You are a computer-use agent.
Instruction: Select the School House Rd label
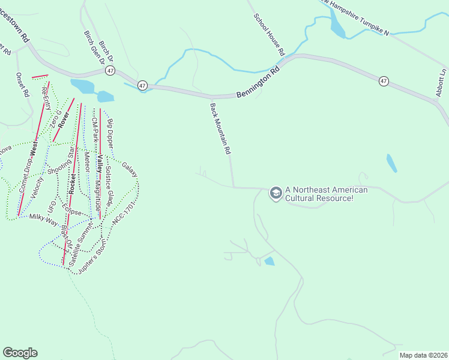268,35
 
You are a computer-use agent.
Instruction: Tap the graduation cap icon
276,193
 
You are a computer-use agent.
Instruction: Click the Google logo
20,353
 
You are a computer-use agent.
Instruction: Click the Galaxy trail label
130,169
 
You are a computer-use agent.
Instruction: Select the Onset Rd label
22,85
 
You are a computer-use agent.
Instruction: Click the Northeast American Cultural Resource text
327,194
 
